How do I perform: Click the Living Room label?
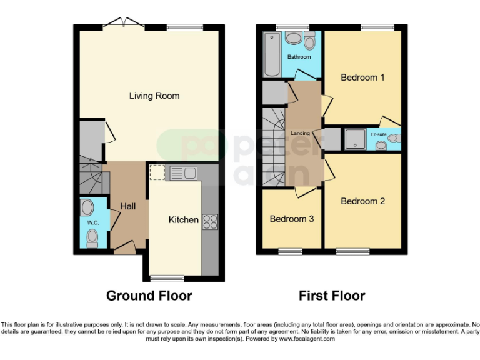[154, 96]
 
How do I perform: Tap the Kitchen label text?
[184, 220]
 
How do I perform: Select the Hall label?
[128, 206]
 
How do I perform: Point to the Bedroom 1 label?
[362, 77]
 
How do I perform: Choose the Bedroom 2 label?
[362, 201]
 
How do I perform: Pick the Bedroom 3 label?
[292, 219]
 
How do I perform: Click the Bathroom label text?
[299, 57]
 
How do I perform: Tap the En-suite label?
[378, 134]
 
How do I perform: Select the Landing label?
[301, 133]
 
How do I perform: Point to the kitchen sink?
[183, 172]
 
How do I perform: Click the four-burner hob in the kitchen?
[210, 221]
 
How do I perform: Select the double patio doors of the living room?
[124, 24]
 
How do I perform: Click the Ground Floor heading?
[149, 296]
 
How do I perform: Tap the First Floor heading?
[331, 296]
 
